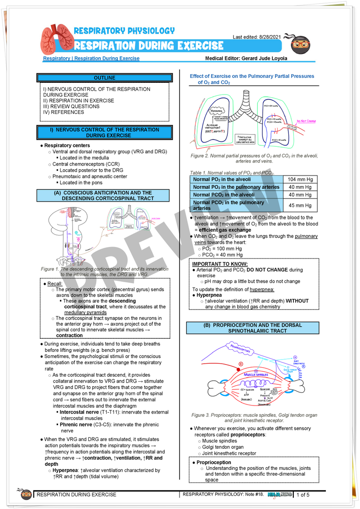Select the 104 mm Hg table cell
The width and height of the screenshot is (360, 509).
coord(300,179)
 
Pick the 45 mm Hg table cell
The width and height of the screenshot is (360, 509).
coord(300,205)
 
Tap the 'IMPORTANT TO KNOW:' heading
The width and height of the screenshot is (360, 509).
coord(220,264)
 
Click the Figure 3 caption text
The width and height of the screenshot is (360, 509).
coord(254,418)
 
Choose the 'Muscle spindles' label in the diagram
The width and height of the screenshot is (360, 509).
coord(256,374)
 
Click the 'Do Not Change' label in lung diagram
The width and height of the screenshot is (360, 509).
coord(306,121)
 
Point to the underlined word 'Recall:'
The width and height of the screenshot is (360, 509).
coord(55,284)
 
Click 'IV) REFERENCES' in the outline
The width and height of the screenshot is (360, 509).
coord(63,112)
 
